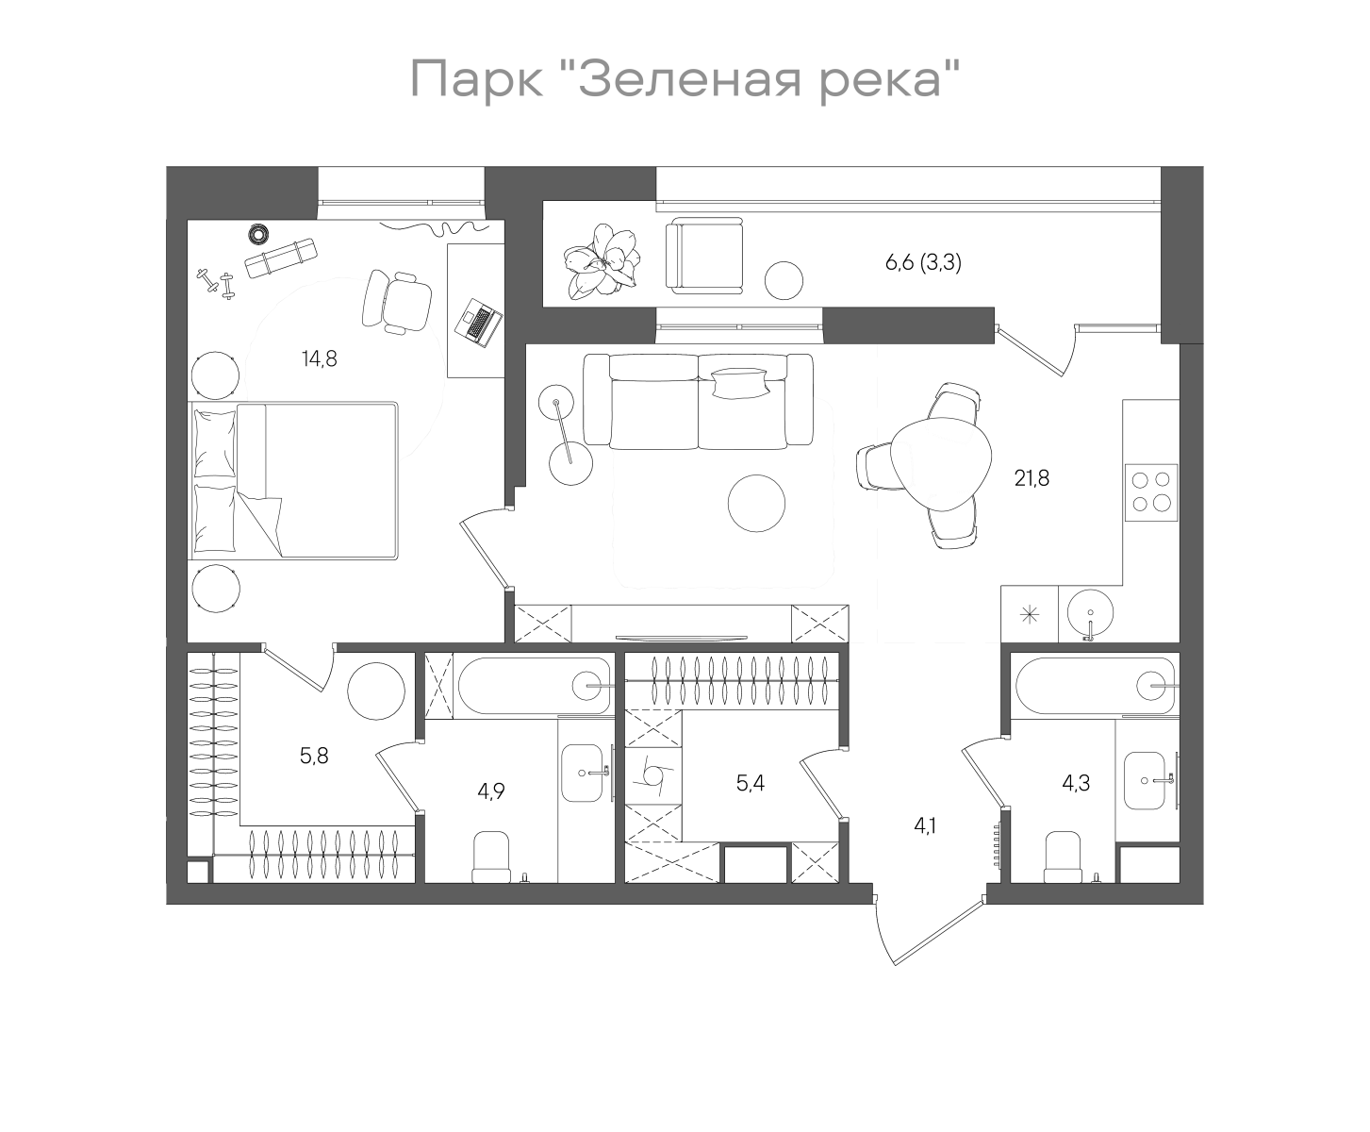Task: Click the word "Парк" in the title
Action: [x=477, y=79]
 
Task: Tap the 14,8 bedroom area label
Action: [x=319, y=358]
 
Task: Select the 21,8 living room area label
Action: [x=1032, y=478]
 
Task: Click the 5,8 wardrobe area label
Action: [x=313, y=756]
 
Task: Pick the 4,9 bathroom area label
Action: [x=491, y=791]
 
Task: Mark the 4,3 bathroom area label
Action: [x=1076, y=782]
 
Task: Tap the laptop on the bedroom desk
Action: [x=479, y=323]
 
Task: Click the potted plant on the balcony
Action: [x=602, y=259]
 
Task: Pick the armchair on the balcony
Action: [x=704, y=253]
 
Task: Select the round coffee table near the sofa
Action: [x=756, y=503]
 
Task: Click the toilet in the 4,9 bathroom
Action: [x=490, y=856]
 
